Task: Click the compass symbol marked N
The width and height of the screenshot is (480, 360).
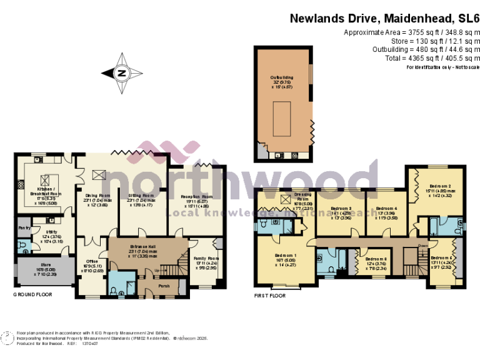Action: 121,73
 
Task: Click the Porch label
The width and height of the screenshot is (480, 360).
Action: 163,286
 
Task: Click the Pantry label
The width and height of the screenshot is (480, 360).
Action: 23,229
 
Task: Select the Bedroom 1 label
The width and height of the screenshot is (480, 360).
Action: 286,256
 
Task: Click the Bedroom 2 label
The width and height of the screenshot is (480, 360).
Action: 439,186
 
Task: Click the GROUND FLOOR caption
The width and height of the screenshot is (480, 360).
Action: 33,294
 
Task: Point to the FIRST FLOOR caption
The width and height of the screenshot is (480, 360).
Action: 270,294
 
